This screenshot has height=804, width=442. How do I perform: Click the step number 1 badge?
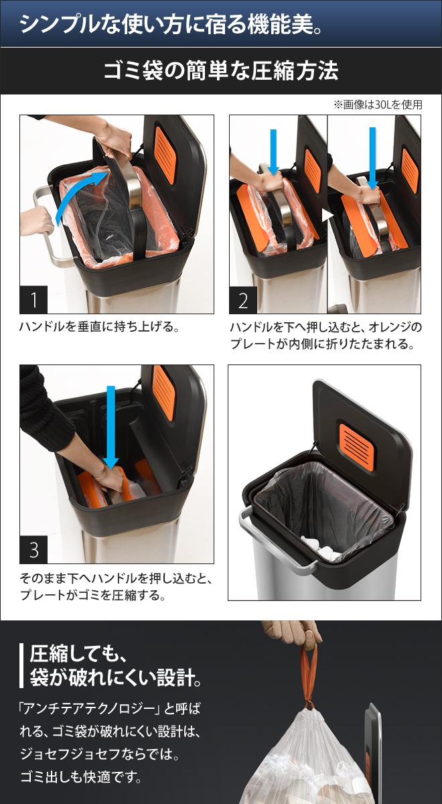(33, 300)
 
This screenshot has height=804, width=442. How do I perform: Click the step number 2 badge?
(243, 300)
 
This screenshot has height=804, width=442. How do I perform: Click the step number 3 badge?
(33, 550)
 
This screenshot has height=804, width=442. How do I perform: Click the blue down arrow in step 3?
(111, 429)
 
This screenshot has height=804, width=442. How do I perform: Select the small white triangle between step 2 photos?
(326, 216)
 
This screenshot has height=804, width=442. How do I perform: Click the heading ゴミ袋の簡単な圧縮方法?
(220, 71)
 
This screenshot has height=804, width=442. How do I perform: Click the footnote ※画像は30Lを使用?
(377, 105)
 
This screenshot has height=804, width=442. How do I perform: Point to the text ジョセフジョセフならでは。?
(101, 755)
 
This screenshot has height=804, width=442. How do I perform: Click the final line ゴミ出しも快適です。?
(80, 779)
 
